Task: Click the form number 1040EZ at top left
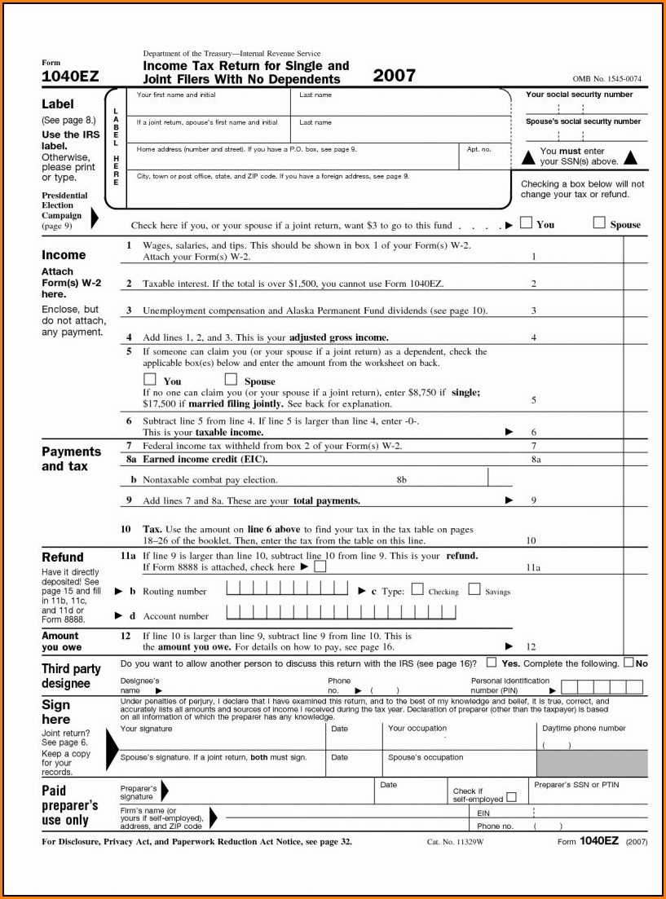70,77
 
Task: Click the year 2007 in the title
394,76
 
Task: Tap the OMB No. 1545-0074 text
606,79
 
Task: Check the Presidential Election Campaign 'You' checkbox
527,223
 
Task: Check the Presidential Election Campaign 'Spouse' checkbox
599,223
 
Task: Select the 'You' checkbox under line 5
149,380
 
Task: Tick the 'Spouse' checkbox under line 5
231,380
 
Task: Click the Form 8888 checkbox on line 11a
320,566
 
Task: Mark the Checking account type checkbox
417,590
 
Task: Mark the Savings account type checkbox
474,590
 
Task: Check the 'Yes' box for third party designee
492,663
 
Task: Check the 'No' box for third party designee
629,663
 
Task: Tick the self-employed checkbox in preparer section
512,798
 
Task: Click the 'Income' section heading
64,255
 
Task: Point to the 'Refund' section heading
62,557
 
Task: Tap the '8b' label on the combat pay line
402,480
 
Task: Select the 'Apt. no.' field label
479,149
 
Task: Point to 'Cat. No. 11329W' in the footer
455,841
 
